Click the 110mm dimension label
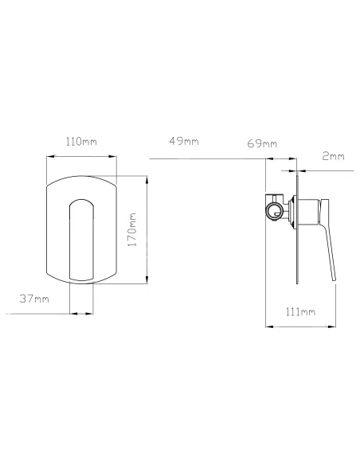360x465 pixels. click(x=81, y=142)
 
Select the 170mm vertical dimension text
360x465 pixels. click(x=131, y=229)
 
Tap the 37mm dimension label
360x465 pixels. click(x=34, y=299)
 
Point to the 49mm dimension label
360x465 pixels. click(x=184, y=141)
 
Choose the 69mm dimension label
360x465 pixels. click(x=262, y=144)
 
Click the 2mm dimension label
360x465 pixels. click(x=333, y=156)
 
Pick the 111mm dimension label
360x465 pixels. click(x=300, y=311)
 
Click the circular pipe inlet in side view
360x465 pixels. click(x=274, y=212)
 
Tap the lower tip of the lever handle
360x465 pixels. click(x=335, y=280)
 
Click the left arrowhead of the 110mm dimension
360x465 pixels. click(x=50, y=156)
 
